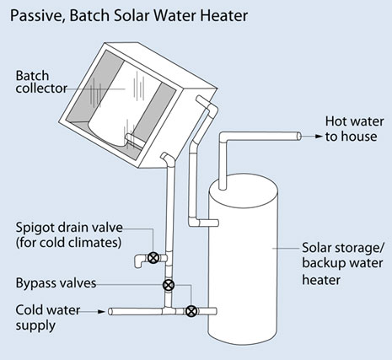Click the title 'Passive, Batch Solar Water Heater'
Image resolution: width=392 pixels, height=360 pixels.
pos(129,16)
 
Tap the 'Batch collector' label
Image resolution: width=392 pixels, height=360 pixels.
pos(41,82)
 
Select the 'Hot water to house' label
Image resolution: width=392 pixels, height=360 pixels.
pos(354,129)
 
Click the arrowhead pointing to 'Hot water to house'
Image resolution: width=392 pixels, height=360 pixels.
pos(319,137)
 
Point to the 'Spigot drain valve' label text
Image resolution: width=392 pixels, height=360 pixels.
pos(69,228)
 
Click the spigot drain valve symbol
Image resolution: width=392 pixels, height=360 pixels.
pos(153,258)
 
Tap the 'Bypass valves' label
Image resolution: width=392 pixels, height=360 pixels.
pos(56,283)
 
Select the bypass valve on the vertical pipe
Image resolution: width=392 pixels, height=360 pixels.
pos(169,285)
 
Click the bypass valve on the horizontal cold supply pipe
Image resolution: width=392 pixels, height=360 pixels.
pos(191,311)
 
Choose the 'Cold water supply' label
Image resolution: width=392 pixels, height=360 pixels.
pos(48,318)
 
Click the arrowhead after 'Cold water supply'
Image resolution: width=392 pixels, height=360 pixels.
pos(101,311)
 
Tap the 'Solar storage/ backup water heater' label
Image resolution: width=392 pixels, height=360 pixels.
pos(343,264)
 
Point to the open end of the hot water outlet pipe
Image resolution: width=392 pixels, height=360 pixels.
pos(299,137)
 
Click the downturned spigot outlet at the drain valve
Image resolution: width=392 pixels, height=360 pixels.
pos(138,262)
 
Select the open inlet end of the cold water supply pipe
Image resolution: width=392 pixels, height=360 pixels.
pos(110,311)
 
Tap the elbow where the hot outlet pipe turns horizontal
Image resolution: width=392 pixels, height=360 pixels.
pos(223,137)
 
